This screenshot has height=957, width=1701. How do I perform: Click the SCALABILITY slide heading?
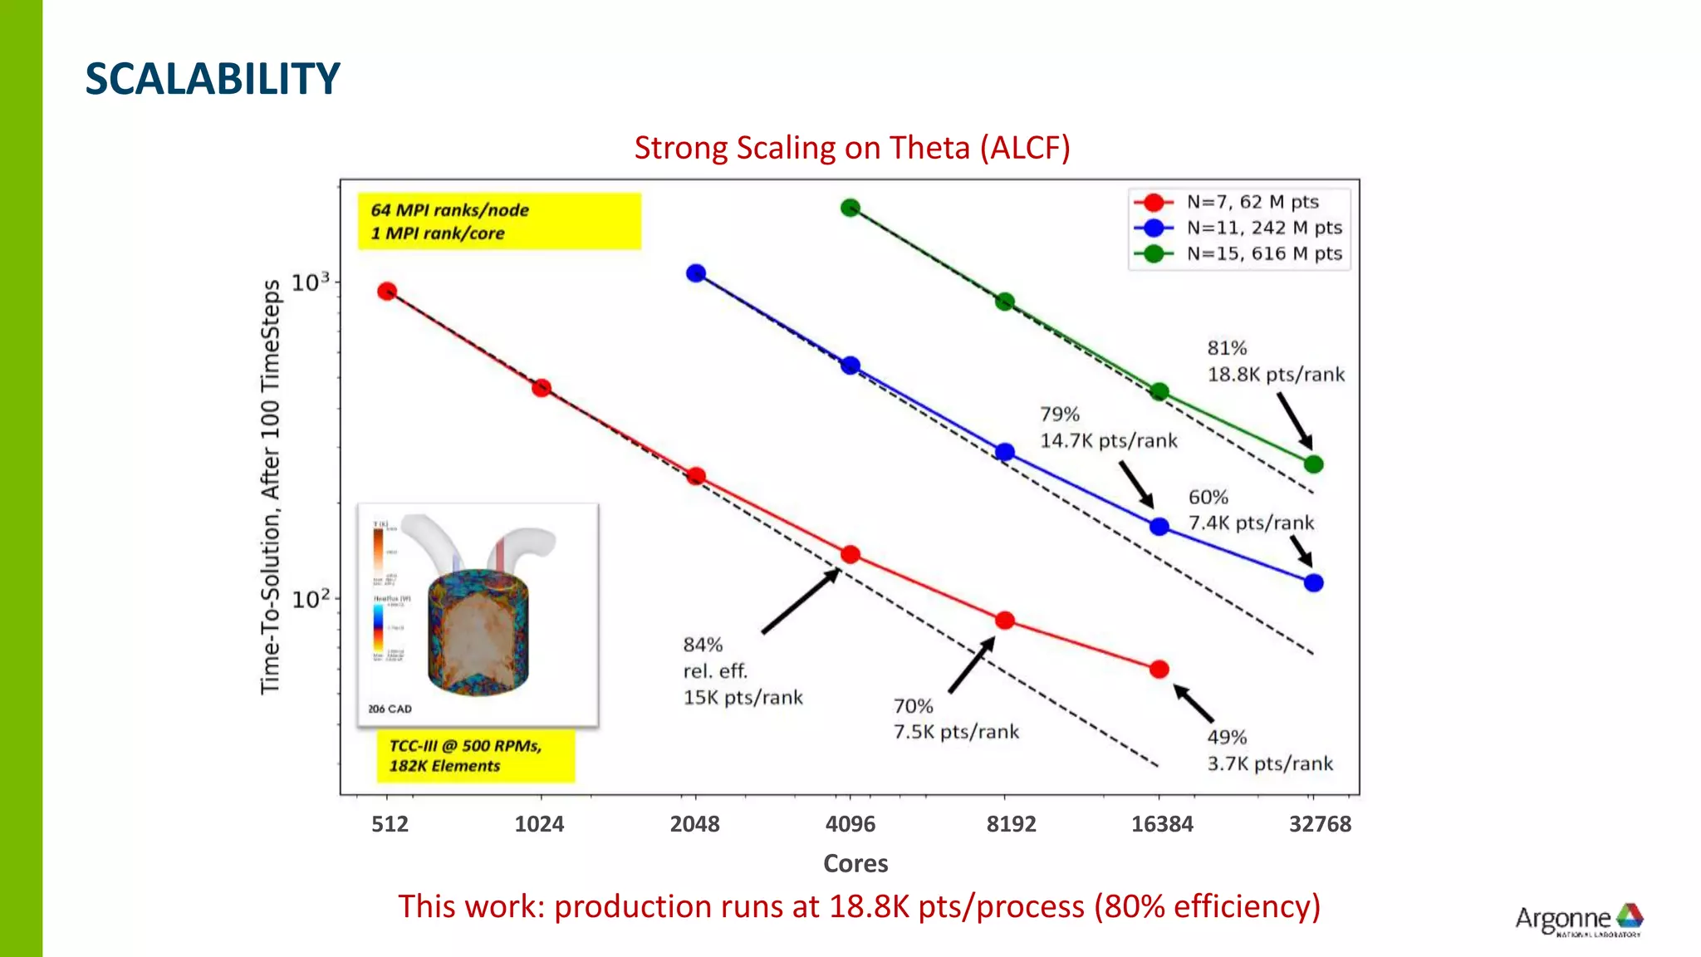point(213,79)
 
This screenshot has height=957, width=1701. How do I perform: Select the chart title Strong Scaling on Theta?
point(852,148)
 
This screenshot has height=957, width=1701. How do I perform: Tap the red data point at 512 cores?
point(387,292)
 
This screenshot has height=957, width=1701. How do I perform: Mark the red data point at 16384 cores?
point(1159,669)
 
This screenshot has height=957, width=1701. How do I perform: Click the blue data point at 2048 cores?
point(696,273)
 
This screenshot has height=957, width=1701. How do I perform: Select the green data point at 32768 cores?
point(1313,464)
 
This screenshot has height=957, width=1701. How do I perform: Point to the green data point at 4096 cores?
point(850,208)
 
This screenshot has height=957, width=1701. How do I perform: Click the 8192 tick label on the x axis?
point(1011,824)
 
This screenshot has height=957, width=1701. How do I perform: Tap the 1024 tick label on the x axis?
point(539,824)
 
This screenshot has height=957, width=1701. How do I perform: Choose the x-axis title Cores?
point(855,864)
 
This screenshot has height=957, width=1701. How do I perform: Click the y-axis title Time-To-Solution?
point(271,487)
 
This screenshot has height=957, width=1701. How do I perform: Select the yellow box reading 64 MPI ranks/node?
point(499,222)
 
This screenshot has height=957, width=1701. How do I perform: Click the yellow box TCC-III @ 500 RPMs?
point(475,756)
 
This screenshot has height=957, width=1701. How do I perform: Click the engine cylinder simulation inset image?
point(478,615)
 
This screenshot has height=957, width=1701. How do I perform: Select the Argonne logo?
point(1579,920)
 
